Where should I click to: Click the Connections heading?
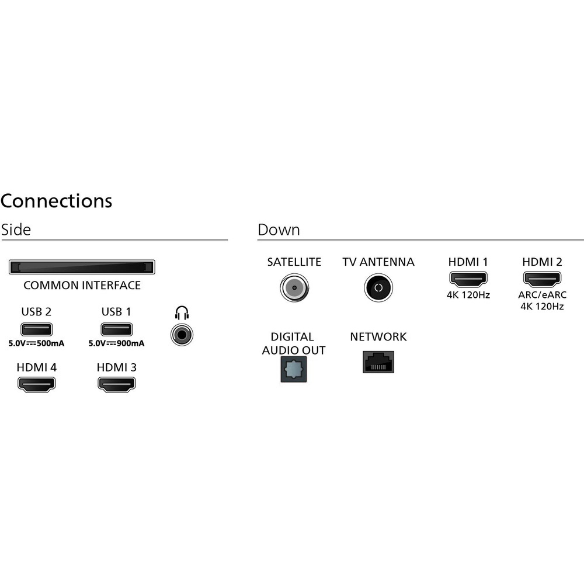pos(56,201)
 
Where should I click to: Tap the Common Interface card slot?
pos(82,267)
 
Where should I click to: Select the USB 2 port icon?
pos(36,329)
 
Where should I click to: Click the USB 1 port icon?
pos(117,329)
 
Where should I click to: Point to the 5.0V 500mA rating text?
pos(36,343)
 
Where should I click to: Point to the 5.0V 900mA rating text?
pos(117,343)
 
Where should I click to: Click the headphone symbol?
pos(182,313)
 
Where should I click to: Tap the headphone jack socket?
pos(182,335)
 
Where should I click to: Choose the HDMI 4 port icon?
pos(36,384)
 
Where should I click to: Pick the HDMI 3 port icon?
pos(117,384)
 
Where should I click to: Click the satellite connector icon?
pos(294,287)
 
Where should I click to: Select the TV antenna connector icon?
pos(378,287)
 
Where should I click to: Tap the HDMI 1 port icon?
pos(468,279)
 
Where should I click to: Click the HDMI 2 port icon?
pos(542,279)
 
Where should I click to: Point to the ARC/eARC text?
pos(542,294)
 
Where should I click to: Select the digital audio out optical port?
pos(294,369)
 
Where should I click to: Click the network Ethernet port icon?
pos(378,361)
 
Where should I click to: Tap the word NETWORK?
pos(378,337)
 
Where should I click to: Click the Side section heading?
pos(16,230)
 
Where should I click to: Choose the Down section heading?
pos(279,230)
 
